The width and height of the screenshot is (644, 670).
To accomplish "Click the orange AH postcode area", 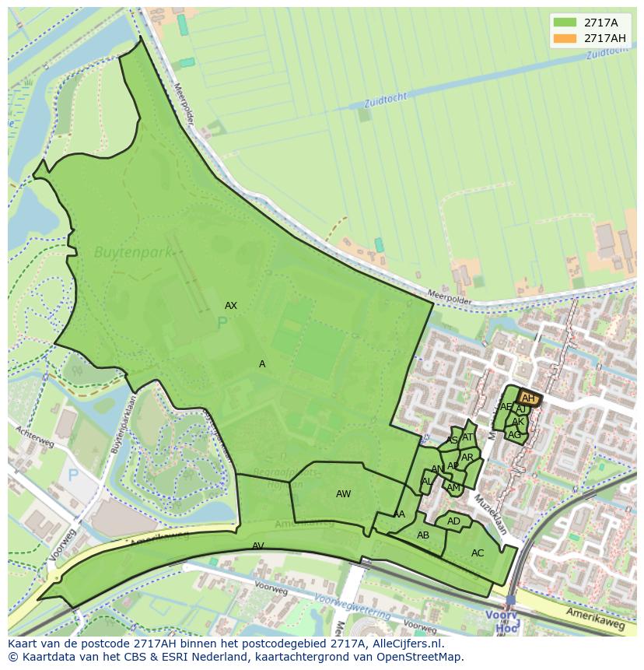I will pyautogui.click(x=528, y=398).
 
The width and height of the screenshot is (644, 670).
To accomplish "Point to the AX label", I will pyautogui.click(x=230, y=306).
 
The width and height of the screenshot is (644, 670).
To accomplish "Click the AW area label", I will pyautogui.click(x=343, y=494).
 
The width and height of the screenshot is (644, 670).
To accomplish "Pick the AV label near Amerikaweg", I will pyautogui.click(x=258, y=546).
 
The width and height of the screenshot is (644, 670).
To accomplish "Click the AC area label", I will pyautogui.click(x=478, y=553).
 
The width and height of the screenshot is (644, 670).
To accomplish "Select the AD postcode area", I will pyautogui.click(x=453, y=521).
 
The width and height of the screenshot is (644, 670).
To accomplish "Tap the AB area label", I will pyautogui.click(x=423, y=535).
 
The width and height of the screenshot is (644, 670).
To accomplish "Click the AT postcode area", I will pyautogui.click(x=467, y=437).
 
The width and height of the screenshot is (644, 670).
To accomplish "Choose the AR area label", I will pyautogui.click(x=467, y=458).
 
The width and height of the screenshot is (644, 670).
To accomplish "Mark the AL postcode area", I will pyautogui.click(x=426, y=482).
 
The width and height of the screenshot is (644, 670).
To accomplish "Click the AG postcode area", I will pyautogui.click(x=514, y=435).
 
